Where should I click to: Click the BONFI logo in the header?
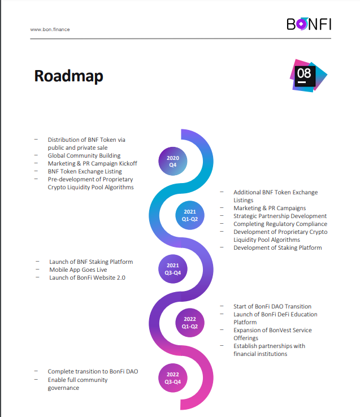pos(309,24)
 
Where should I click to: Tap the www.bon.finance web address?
pos(50,29)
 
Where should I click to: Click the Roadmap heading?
pos(68,76)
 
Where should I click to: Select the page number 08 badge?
pos(309,76)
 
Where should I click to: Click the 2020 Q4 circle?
pos(173,161)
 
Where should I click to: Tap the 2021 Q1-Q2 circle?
pos(190,215)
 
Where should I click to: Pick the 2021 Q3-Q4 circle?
pos(173,269)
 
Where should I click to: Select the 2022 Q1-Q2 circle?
pos(190,323)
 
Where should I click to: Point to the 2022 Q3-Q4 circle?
pos(173,378)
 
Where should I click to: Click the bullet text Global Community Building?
pos(84,155)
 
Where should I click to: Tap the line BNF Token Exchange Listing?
pos(85,172)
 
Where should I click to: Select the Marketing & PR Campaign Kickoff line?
pos(92,163)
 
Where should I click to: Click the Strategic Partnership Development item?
pos(280,216)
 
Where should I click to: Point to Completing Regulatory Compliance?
pos(280,224)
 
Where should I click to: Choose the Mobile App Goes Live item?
pos(78,270)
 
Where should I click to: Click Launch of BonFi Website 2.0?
pos(87,277)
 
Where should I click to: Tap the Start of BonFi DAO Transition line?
pos(272,306)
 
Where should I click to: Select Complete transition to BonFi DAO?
pos(93,372)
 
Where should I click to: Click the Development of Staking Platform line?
pos(278,247)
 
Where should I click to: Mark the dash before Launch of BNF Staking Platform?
pos(37,262)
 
